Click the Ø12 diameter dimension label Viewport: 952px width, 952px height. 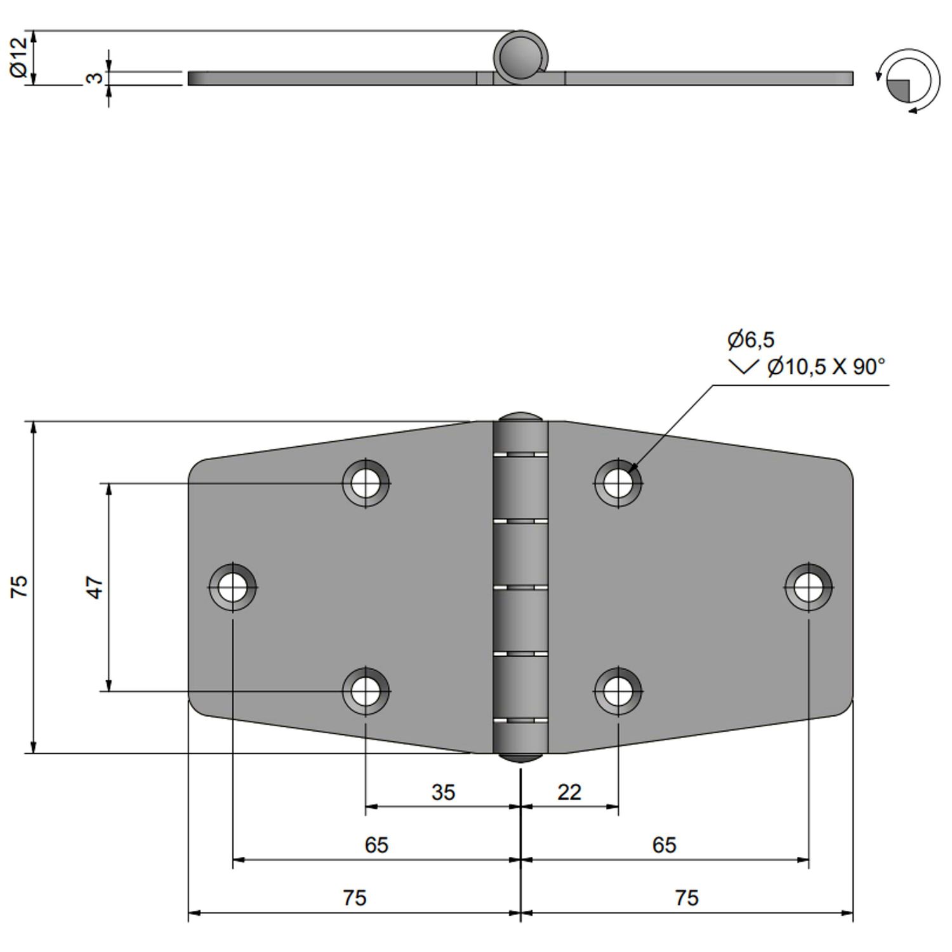pos(20,58)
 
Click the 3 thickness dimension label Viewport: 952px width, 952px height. pos(94,77)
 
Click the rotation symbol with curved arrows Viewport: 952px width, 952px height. pos(908,81)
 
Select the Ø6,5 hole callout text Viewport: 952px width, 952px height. pos(751,340)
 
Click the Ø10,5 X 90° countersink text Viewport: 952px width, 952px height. pos(825,367)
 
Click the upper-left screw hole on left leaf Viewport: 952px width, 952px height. pos(366,483)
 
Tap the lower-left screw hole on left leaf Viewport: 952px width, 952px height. pos(366,691)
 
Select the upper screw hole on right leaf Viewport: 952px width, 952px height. pos(618,483)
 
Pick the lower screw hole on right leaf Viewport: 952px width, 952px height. pos(618,691)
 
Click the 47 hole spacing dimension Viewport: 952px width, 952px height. pos(95,587)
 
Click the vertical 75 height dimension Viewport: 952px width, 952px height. pos(20,586)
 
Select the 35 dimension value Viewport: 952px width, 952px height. pos(443,792)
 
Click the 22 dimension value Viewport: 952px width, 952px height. pos(569,792)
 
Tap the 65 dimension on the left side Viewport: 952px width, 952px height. pos(376,845)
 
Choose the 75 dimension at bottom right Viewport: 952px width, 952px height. pos(687,897)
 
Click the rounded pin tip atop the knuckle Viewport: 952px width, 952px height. pos(520,418)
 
